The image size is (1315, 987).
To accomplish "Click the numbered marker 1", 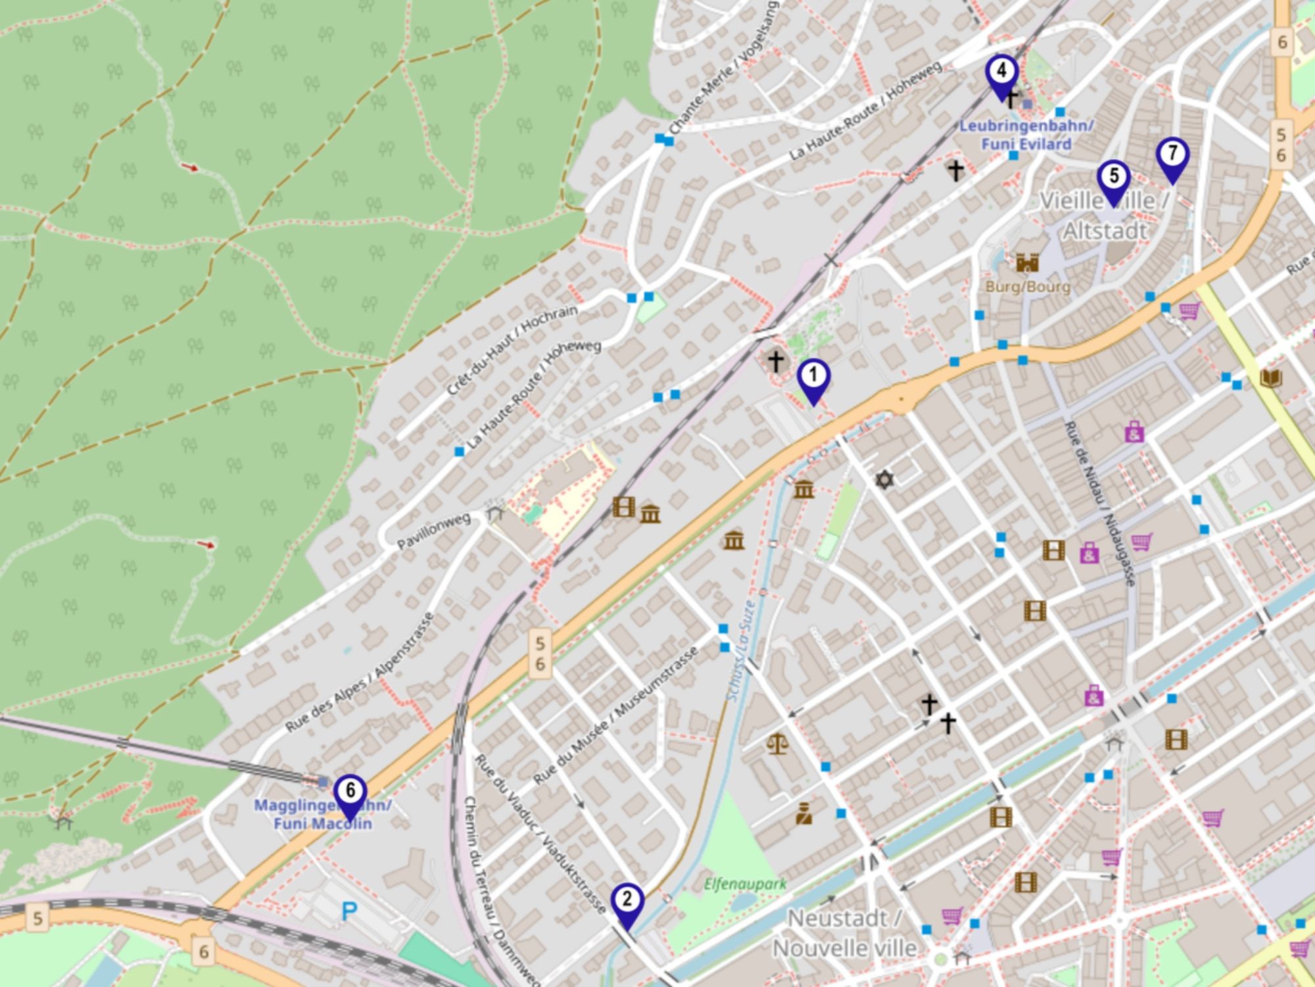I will click(813, 377).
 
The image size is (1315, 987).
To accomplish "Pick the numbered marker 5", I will click(1113, 177).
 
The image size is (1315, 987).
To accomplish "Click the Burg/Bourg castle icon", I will click(1027, 263).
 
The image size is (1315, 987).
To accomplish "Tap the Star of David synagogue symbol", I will click(885, 479).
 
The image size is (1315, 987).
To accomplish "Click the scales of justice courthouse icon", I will click(777, 744).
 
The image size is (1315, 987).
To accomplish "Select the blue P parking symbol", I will click(349, 911).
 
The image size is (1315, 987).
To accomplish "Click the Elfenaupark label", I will click(745, 884).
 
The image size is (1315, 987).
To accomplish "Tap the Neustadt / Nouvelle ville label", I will click(844, 933).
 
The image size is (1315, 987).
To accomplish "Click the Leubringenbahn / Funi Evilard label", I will click(1026, 135).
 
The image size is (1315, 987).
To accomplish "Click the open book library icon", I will click(1270, 378).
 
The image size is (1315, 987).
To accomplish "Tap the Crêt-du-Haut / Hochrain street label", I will click(512, 349).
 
